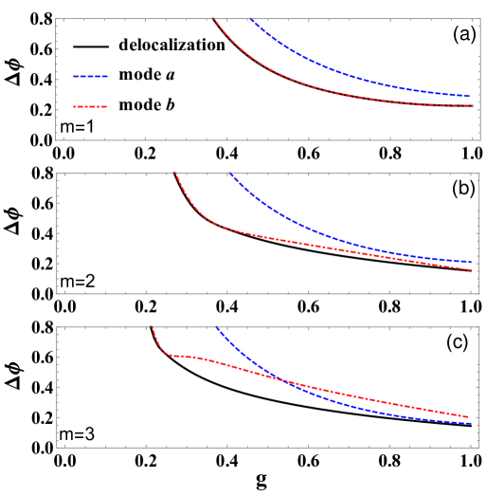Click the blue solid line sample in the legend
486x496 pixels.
(x=90, y=76)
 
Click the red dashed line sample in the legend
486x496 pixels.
(x=90, y=106)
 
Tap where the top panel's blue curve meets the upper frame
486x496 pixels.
(x=250, y=19)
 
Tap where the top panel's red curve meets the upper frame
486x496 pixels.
(x=215, y=19)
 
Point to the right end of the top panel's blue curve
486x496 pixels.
(x=470, y=96)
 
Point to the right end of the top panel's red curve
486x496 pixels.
(x=473, y=105)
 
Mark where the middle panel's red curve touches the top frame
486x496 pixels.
(x=176, y=174)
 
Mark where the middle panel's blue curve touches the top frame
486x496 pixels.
(x=229, y=174)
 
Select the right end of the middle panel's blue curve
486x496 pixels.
(x=471, y=262)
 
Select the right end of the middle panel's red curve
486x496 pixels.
(x=472, y=270)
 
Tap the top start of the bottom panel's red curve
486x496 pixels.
(x=153, y=328)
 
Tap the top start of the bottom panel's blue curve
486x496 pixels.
(x=217, y=328)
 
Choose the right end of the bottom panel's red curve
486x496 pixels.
(x=469, y=416)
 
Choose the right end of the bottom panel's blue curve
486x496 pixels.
(x=471, y=423)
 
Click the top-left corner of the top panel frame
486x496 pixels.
(x=57, y=19)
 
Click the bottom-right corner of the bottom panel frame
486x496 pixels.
(x=479, y=447)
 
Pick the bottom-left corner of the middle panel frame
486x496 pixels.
(x=57, y=293)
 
